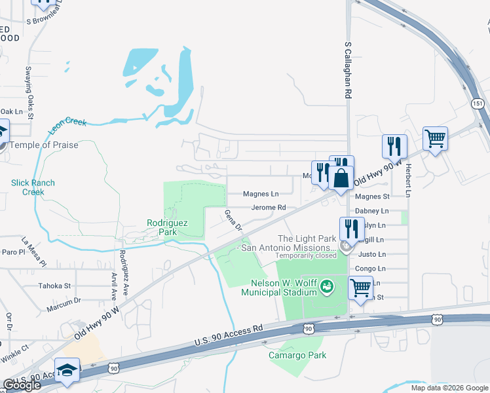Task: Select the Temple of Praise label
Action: pos(44,145)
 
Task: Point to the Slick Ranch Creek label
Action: pos(33,187)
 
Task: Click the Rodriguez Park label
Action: pos(167,227)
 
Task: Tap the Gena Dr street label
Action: pos(234,219)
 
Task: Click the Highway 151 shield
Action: pos(477,103)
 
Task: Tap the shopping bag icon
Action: pos(341,178)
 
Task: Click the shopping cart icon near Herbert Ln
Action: pos(435,139)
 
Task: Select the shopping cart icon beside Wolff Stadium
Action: pos(360,287)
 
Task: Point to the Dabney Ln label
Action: pos(371,211)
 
